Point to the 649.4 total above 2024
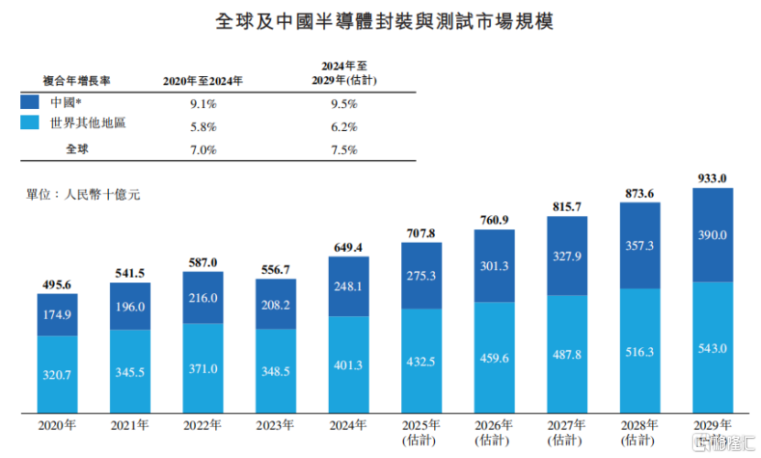348,247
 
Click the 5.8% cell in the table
202,126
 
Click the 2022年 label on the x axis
202,425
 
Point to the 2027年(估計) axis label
567,431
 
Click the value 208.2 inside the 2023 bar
275,303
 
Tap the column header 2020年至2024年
202,81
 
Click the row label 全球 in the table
77,148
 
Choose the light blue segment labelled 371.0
202,368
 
